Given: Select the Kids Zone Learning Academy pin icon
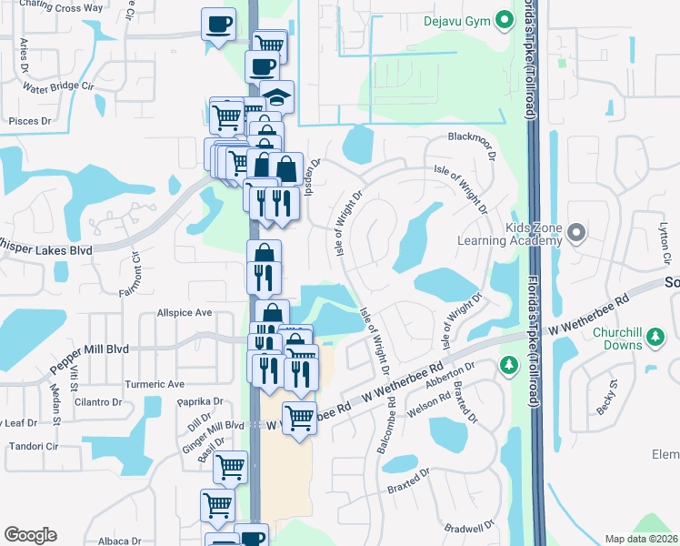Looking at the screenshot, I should click(575, 235).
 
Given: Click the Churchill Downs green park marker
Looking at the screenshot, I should click(654, 340).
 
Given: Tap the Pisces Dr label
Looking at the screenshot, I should click(28, 120).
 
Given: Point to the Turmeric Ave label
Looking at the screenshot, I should click(155, 384).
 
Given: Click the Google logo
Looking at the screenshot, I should click(30, 535).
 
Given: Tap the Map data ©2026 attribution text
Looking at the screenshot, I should click(642, 539).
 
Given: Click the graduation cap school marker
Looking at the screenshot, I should click(277, 96).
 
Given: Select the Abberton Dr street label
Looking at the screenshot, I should click(451, 375).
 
